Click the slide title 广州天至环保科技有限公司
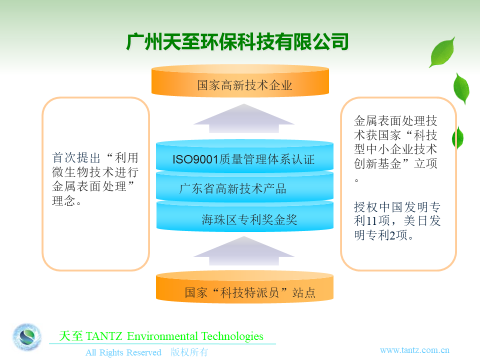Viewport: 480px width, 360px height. [x=237, y=41]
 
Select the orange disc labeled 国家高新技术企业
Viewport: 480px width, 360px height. [x=240, y=81]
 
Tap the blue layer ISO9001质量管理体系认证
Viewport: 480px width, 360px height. [x=244, y=155]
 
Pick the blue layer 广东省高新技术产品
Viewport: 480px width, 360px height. [x=244, y=186]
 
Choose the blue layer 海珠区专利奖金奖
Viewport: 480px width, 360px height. [x=245, y=216]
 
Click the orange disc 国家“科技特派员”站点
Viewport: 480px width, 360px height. [x=244, y=287]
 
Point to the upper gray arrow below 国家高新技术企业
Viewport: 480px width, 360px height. [x=244, y=118]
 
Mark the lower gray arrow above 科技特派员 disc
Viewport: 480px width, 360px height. [x=244, y=251]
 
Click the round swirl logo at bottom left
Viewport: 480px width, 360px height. [x=27, y=337]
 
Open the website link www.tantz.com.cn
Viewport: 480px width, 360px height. [x=414, y=350]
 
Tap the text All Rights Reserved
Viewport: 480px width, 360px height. [x=123, y=352]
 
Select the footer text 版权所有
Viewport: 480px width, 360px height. [x=189, y=352]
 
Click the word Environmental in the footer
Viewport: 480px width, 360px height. [x=162, y=336]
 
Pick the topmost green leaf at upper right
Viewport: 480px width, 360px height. [x=442, y=52]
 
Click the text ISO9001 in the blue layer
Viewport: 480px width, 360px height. [x=195, y=159]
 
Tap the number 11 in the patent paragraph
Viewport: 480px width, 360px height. [x=371, y=220]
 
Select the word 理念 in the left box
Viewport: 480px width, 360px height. [x=63, y=201]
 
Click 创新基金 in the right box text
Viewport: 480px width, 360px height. [x=377, y=163]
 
